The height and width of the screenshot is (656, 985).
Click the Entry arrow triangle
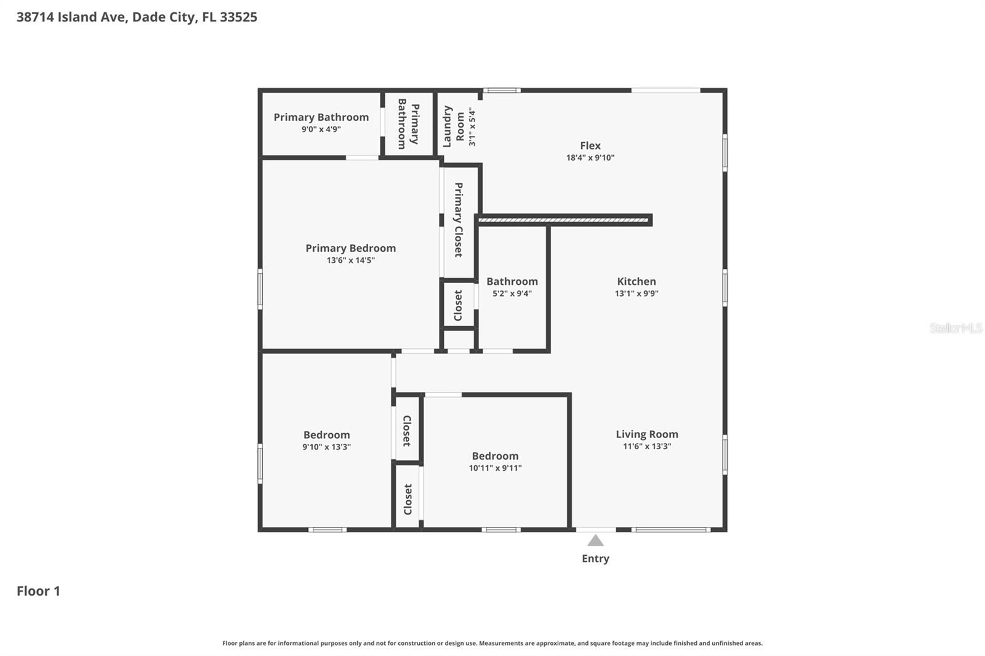tap(595, 540)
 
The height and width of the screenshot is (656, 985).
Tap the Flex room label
tap(590, 146)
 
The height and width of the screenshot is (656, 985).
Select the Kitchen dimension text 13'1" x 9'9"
tap(637, 294)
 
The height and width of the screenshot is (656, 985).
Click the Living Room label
tap(646, 434)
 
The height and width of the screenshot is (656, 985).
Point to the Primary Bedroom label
tap(350, 248)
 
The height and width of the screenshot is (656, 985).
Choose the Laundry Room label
tap(454, 126)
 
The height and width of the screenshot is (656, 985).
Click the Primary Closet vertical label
tap(459, 220)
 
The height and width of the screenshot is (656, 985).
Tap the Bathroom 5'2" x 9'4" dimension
tap(512, 294)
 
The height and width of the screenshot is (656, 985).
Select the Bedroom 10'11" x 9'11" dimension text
tap(495, 468)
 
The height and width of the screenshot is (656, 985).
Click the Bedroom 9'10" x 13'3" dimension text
tap(326, 447)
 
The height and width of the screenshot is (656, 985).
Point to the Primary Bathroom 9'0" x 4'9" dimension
tap(321, 129)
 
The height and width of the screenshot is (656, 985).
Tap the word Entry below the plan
tap(595, 559)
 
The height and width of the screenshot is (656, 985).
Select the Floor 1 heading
tap(38, 591)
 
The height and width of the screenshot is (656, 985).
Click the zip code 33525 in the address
tap(238, 17)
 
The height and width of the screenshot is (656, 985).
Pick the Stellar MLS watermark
tap(955, 328)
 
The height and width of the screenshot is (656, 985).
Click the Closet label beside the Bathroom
tap(459, 305)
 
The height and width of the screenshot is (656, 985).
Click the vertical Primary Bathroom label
tap(408, 124)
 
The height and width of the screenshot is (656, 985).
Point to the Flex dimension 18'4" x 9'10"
tap(590, 158)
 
